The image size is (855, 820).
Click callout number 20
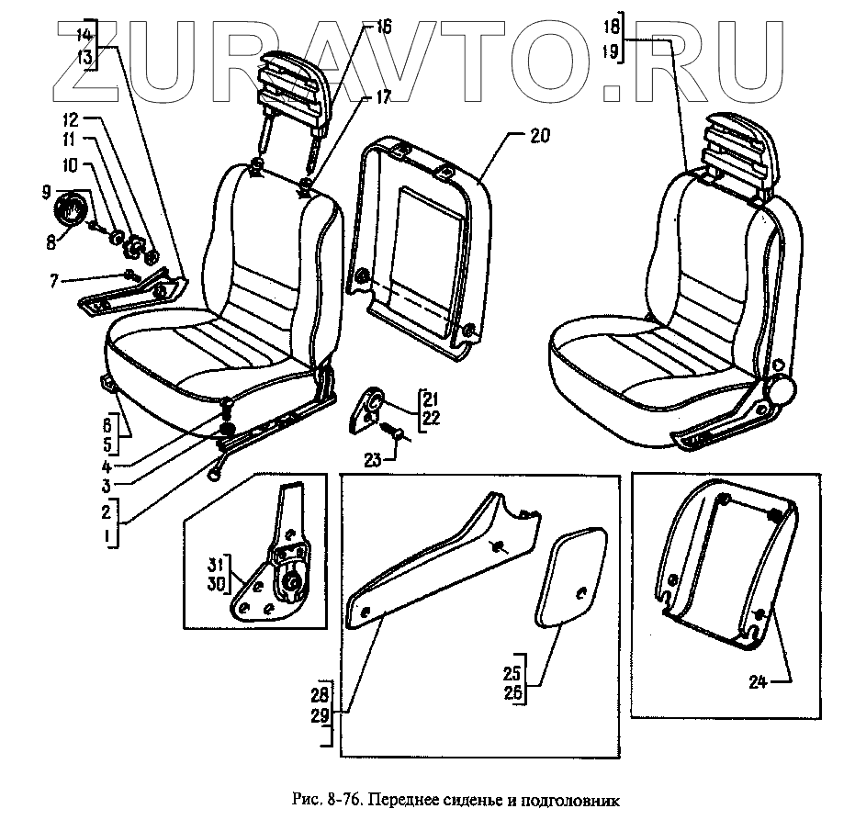[x=540, y=135]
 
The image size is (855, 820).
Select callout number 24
[x=756, y=681]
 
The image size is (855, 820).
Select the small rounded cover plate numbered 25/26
[x=570, y=575]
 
